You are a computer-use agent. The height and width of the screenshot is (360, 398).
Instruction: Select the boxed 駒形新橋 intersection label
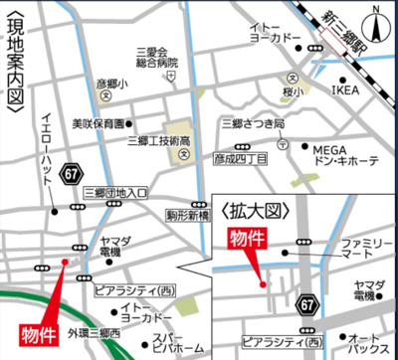click(x=187, y=214)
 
